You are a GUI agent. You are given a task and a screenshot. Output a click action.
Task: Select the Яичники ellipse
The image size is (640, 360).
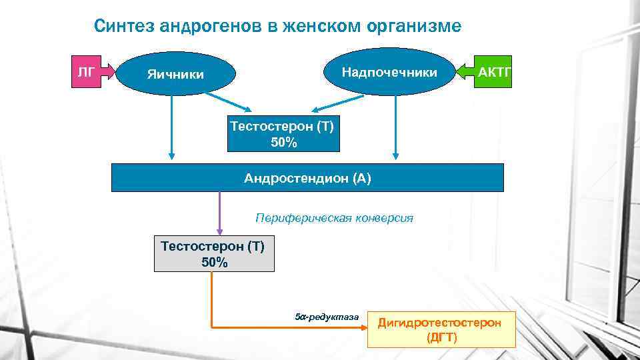point(176,74)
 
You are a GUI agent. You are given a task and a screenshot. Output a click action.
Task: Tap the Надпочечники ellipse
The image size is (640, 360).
point(389,72)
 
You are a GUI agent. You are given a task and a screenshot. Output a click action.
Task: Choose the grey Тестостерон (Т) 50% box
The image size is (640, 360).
point(214,254)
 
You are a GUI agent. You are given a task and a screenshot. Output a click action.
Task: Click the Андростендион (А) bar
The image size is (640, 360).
point(307,178)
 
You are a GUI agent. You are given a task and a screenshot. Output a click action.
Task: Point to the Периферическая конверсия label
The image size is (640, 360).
point(334,217)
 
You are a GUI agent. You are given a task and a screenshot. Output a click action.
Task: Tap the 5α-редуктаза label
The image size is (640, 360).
point(326,315)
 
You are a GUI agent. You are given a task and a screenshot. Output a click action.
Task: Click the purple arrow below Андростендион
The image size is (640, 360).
point(220,213)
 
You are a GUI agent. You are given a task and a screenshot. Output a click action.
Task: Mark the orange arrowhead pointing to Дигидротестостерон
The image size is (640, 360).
point(361,327)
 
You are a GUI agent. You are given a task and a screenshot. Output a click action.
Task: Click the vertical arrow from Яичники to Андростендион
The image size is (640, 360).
point(173,127)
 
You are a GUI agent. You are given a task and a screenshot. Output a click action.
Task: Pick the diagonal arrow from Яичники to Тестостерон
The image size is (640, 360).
point(227,101)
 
